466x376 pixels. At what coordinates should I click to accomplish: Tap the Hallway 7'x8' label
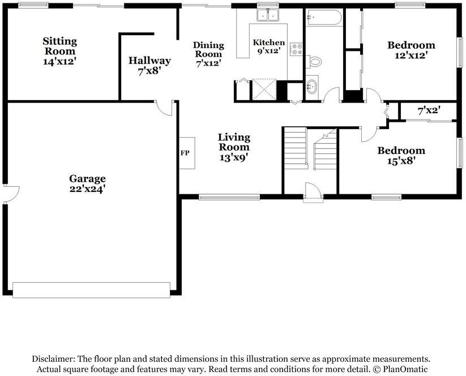(x=149, y=66)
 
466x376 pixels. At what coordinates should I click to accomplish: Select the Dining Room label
(x=208, y=54)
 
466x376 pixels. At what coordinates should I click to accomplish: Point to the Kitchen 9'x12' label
(x=269, y=47)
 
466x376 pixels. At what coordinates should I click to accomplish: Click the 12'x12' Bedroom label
(x=411, y=50)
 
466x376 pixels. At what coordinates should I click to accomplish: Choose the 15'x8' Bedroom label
(x=401, y=155)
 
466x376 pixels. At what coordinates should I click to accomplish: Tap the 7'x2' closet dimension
(x=429, y=112)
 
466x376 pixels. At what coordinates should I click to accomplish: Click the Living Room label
(x=234, y=147)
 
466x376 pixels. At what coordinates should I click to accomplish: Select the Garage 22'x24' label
(x=88, y=183)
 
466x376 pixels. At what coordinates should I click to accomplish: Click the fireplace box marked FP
(x=186, y=153)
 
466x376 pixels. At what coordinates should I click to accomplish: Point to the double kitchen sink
(x=267, y=15)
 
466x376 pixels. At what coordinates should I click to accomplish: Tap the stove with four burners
(x=295, y=50)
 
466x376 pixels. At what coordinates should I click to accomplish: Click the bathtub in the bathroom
(x=323, y=18)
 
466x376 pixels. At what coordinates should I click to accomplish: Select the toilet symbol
(x=314, y=61)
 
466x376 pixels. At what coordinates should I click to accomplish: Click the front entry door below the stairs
(x=311, y=191)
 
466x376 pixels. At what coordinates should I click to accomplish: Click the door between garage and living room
(x=165, y=108)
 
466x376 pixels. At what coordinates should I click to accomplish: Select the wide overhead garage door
(x=91, y=289)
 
